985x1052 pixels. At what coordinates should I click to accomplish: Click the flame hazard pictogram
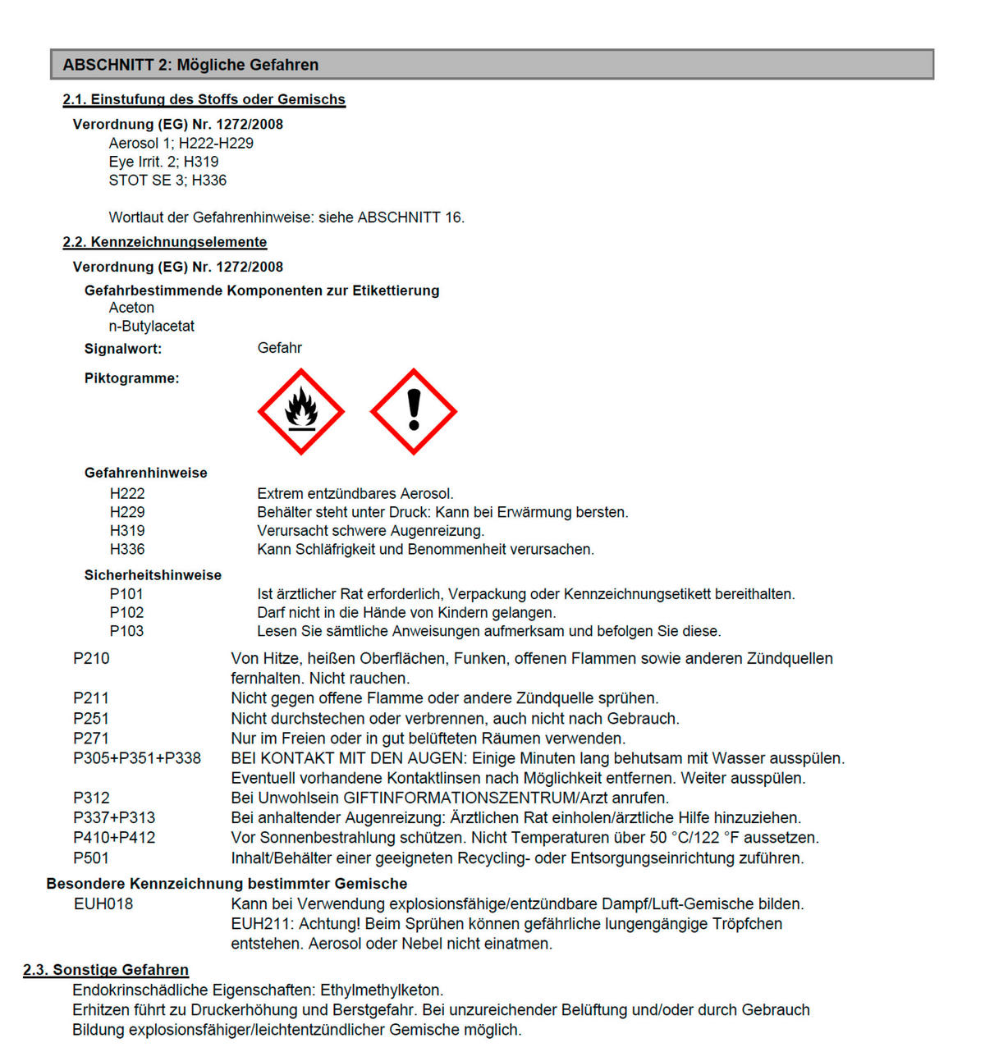pyautogui.click(x=300, y=411)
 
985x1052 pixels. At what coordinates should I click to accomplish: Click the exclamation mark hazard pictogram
pyautogui.click(x=414, y=411)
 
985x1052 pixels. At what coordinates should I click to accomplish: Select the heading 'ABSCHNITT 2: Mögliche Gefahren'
pyautogui.click(x=190, y=65)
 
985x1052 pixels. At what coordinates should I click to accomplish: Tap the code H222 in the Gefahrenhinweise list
pyautogui.click(x=127, y=493)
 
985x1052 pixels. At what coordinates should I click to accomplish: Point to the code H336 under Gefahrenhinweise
pyautogui.click(x=127, y=549)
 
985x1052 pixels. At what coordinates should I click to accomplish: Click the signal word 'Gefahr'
pyautogui.click(x=279, y=348)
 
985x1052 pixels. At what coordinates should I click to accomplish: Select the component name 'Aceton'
pyautogui.click(x=131, y=308)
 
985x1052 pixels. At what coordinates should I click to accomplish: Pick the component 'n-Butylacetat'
pyautogui.click(x=152, y=326)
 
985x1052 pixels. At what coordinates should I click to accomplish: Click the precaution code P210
pyautogui.click(x=91, y=658)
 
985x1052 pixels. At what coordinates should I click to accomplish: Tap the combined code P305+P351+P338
pyautogui.click(x=137, y=758)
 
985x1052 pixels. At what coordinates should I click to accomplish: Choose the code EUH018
pyautogui.click(x=103, y=903)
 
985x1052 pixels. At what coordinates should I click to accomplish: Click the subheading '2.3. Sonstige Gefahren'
pyautogui.click(x=106, y=970)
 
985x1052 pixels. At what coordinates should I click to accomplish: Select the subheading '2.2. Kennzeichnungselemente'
pyautogui.click(x=165, y=242)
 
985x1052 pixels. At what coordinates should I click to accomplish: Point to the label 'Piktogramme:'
pyautogui.click(x=131, y=378)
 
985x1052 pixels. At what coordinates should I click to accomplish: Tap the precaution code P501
pyautogui.click(x=91, y=858)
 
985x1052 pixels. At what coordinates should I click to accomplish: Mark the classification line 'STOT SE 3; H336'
pyautogui.click(x=167, y=181)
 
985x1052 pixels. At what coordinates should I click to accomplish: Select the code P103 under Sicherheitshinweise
pyautogui.click(x=126, y=631)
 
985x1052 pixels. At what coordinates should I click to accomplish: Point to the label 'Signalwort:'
pyautogui.click(x=123, y=349)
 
